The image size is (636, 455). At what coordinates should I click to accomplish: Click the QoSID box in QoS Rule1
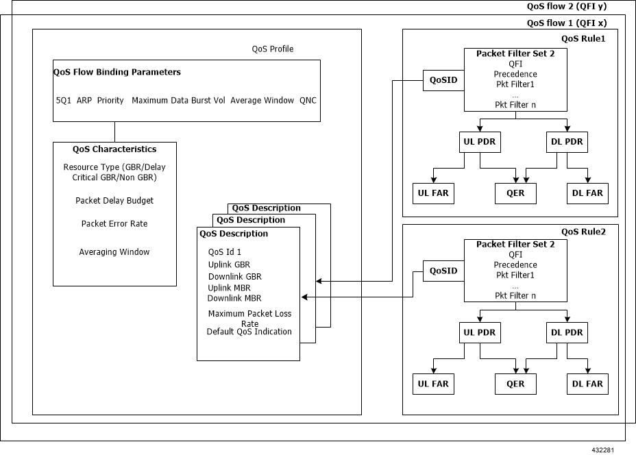[443, 80]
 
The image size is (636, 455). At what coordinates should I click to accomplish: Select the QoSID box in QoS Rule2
[443, 271]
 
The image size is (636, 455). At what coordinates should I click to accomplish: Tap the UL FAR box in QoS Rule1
[433, 193]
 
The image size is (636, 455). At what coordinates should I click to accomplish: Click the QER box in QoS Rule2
[515, 384]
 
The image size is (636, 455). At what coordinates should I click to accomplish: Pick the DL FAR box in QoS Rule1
[587, 193]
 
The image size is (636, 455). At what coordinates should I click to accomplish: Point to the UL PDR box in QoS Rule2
[479, 333]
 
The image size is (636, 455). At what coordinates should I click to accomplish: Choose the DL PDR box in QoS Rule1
[567, 143]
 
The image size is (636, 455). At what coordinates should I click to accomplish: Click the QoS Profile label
[273, 49]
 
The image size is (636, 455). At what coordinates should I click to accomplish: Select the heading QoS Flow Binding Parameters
[117, 72]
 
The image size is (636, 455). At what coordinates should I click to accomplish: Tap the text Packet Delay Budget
[114, 201]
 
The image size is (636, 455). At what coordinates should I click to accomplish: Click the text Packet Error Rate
[114, 224]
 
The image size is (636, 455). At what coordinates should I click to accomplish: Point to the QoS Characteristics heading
[114, 149]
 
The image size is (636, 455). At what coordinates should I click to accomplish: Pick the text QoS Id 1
[225, 252]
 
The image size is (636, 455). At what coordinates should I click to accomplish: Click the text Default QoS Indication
[249, 332]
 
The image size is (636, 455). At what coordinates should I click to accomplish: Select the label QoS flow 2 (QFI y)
[567, 6]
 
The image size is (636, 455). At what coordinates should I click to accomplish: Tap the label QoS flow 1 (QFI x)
[566, 23]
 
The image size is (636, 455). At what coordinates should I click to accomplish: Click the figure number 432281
[603, 450]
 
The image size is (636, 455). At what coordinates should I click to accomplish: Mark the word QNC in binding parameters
[308, 101]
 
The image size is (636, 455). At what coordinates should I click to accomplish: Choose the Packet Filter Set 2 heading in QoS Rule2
[515, 244]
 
